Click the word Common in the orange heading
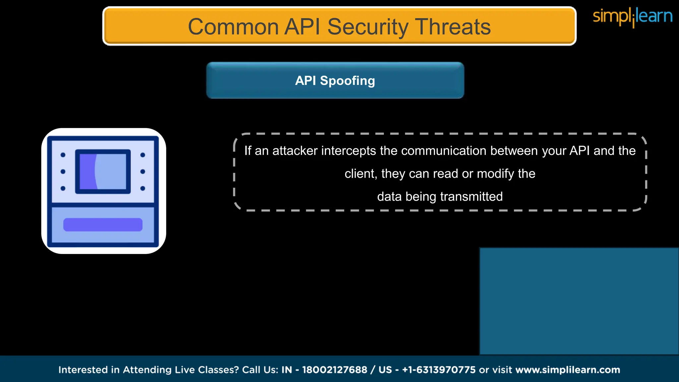click(x=233, y=27)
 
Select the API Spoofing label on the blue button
click(x=335, y=81)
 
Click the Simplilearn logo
click(x=632, y=17)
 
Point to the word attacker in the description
click(x=295, y=151)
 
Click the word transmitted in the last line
click(x=471, y=197)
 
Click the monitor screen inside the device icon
click(x=103, y=171)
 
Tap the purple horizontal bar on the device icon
click(x=103, y=224)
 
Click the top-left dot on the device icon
click(x=63, y=155)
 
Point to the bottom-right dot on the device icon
click(x=143, y=188)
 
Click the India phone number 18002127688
click(x=335, y=370)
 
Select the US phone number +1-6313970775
click(x=439, y=370)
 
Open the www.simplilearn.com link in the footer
click(x=568, y=370)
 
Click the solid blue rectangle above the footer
click(x=579, y=301)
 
